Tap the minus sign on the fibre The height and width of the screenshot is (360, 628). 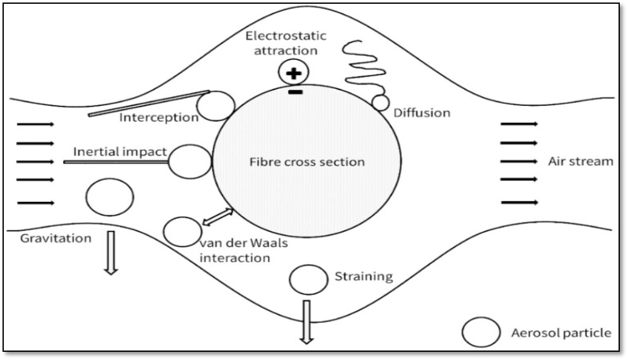(x=294, y=93)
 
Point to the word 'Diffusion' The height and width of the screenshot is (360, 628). (x=422, y=113)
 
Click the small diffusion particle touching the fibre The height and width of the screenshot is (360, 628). (x=380, y=103)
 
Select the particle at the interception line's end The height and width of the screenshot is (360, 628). (x=216, y=105)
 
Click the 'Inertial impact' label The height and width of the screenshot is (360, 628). (x=120, y=152)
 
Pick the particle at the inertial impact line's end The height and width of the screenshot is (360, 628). (x=190, y=161)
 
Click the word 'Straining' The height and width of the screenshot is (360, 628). (x=364, y=276)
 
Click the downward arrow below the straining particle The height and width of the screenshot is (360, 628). (x=306, y=321)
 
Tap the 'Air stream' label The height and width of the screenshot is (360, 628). (x=580, y=161)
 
